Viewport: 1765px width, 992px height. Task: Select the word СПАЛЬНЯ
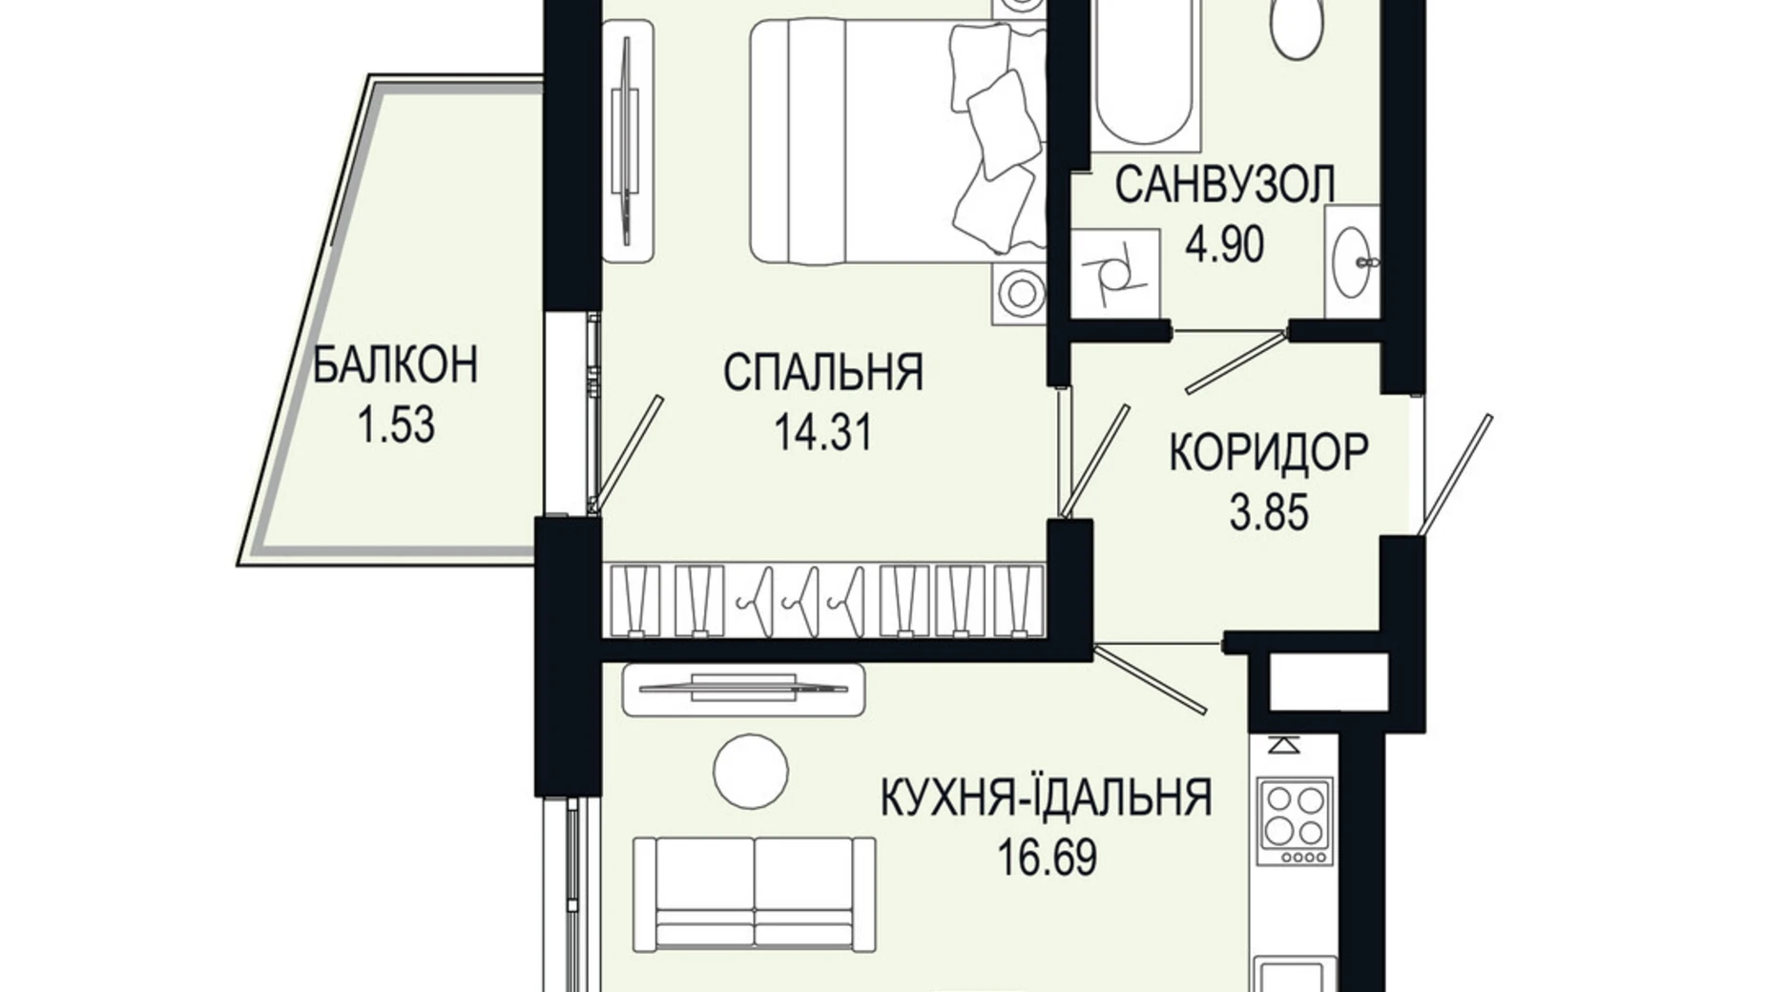pos(822,372)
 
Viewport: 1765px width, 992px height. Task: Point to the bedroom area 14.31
pos(822,434)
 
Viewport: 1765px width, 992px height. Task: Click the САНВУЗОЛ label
pos(1224,185)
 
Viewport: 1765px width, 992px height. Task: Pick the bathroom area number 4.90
pos(1224,245)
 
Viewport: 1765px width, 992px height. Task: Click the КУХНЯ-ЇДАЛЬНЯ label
pos(1046,797)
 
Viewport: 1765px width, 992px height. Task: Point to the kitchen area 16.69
pos(1046,858)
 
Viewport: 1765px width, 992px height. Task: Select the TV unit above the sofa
pos(743,689)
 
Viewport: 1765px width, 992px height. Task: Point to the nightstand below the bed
pos(1019,292)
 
